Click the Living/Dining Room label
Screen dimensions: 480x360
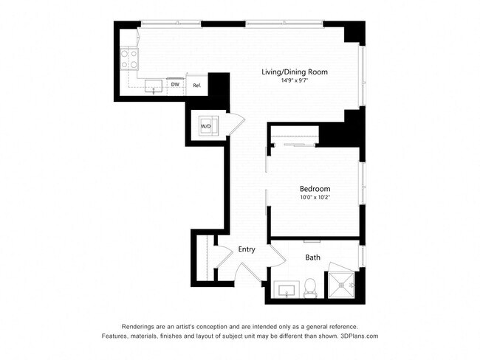click(295, 72)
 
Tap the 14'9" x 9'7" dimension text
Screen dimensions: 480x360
click(294, 80)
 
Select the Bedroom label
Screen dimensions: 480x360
click(315, 189)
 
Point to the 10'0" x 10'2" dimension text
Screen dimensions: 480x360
click(315, 197)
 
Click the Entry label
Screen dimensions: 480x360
click(247, 249)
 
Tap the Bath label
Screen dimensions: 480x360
click(313, 257)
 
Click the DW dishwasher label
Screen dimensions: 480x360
click(175, 84)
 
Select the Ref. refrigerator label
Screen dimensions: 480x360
click(197, 86)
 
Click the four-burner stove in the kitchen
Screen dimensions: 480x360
click(129, 59)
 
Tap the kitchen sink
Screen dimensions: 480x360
click(154, 86)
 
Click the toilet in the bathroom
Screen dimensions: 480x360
click(310, 288)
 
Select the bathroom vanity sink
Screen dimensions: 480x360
click(287, 290)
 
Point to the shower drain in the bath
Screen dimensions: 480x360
click(341, 285)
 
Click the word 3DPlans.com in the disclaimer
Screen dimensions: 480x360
click(360, 336)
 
